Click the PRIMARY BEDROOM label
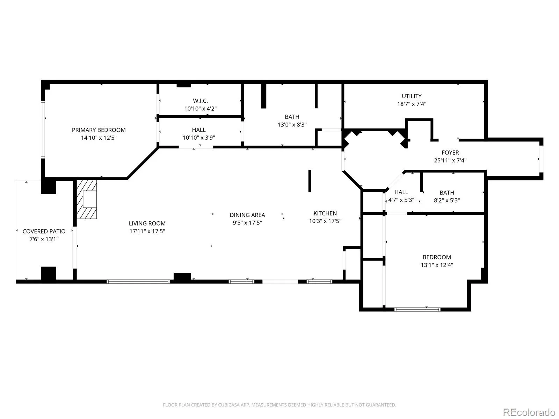[x=99, y=130]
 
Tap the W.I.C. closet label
[x=200, y=101]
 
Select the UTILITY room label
[x=412, y=96]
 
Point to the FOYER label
[x=450, y=153]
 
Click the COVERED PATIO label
[x=44, y=231]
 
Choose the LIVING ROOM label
[x=147, y=223]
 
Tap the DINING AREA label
[x=247, y=215]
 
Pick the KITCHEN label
[x=325, y=213]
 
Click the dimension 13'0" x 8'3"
[x=292, y=125]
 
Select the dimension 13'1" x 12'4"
[x=437, y=265]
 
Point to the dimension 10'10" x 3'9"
[x=199, y=138]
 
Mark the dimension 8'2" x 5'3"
[x=447, y=200]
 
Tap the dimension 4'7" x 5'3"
[x=401, y=200]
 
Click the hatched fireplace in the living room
[x=87, y=199]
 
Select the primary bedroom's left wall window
[x=43, y=130]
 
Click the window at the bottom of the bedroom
[x=418, y=310]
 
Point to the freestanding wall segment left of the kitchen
[x=310, y=181]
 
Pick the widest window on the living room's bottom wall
[x=138, y=282]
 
